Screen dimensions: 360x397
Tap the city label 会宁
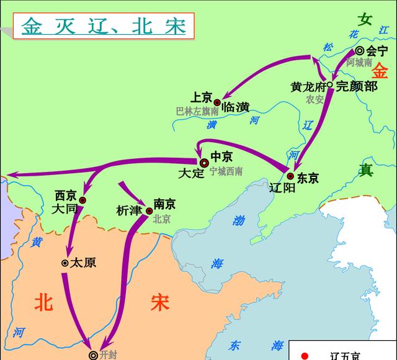[377, 51]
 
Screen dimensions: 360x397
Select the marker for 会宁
[360, 52]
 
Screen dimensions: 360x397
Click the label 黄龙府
[308, 87]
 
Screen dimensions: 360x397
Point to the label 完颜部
[356, 87]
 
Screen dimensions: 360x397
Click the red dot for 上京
[217, 102]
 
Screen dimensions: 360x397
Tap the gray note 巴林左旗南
[197, 112]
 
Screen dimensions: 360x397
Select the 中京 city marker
[203, 162]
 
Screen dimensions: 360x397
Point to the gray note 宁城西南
[226, 171]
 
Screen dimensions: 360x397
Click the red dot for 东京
[290, 176]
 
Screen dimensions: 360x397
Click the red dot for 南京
[149, 211]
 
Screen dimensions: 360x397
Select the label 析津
[129, 210]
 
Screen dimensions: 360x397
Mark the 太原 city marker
[65, 263]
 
